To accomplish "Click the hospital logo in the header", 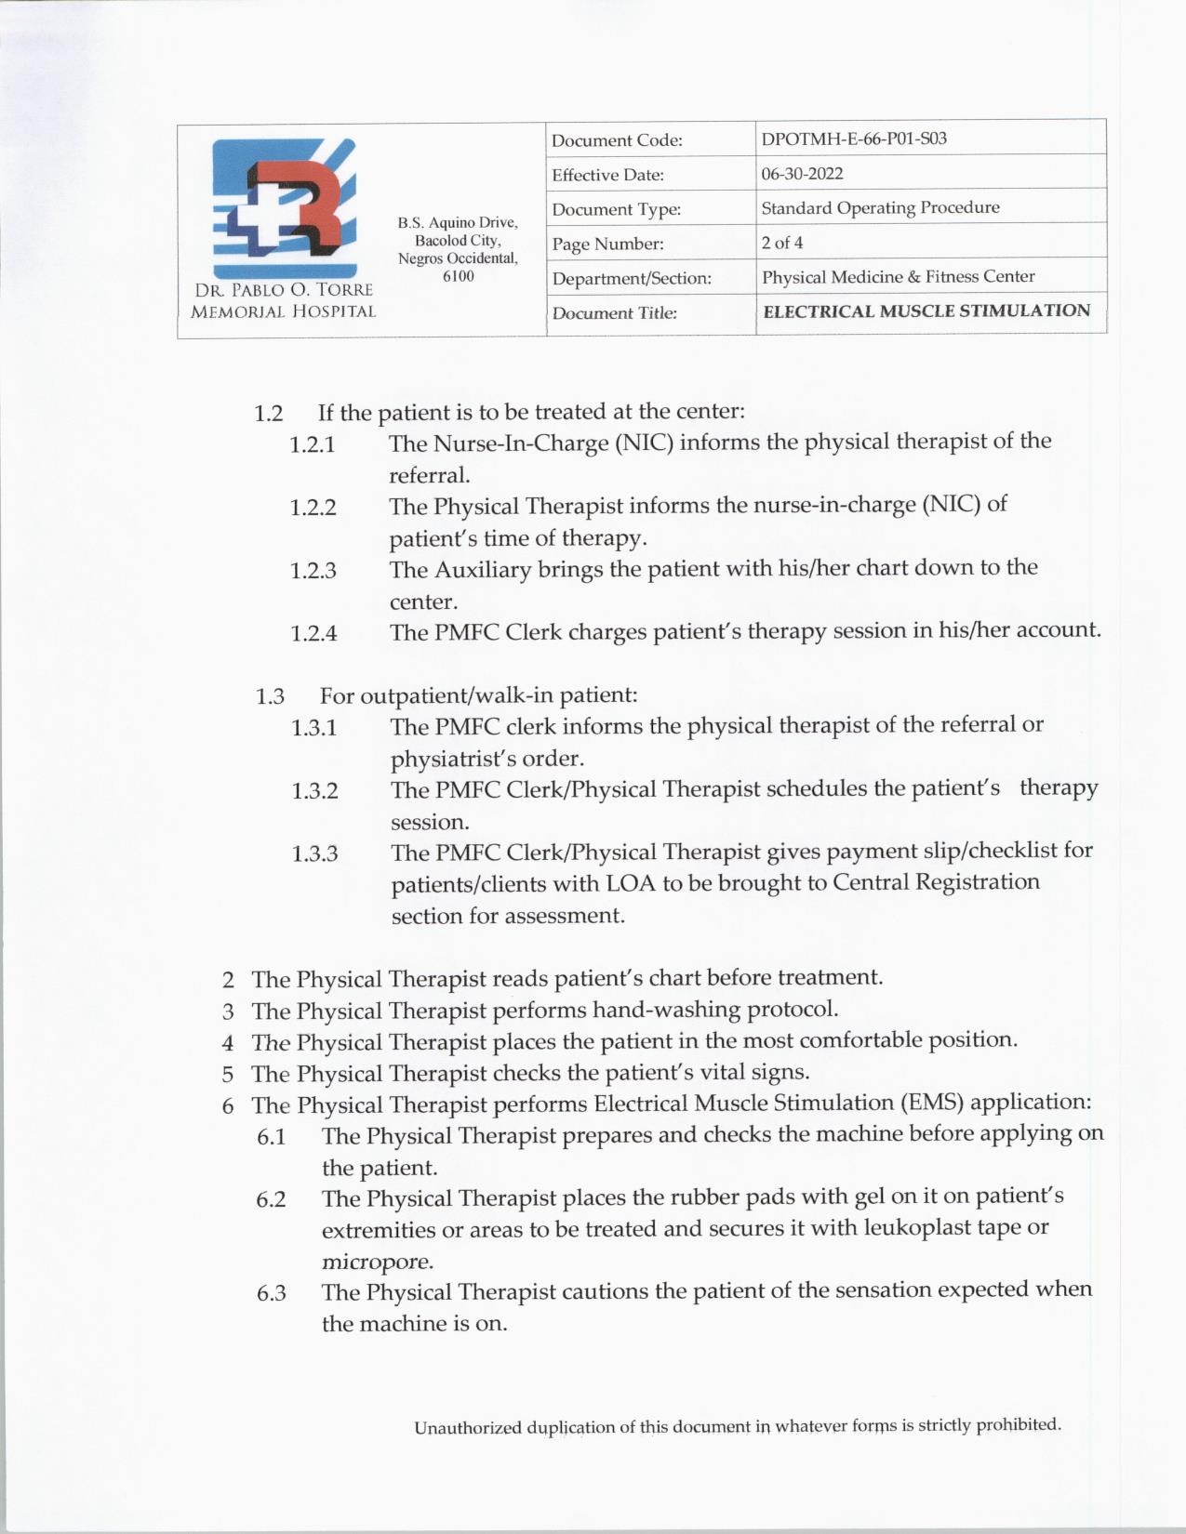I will tap(284, 208).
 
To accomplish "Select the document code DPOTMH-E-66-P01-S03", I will tap(853, 139).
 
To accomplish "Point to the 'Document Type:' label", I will tap(616, 210).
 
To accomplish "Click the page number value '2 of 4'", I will tap(781, 243).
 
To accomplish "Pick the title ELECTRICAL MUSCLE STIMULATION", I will tap(926, 311).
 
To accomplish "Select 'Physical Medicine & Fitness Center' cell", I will tap(898, 277).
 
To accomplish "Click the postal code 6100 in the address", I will tap(458, 276).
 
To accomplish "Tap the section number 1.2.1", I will tap(312, 444).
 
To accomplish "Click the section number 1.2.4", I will tap(313, 634).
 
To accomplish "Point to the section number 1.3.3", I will tap(314, 853).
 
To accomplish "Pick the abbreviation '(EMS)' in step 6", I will tap(930, 1103).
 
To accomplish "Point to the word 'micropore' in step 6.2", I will tap(376, 1263).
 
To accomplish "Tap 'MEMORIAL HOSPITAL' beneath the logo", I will tap(283, 312).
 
